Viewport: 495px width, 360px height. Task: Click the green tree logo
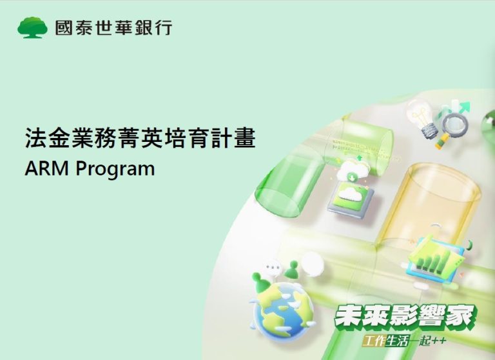click(32, 28)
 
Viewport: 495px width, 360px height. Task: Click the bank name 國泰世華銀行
click(113, 28)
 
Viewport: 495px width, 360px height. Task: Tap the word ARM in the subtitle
click(46, 168)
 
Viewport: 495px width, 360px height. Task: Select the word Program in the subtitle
click(115, 170)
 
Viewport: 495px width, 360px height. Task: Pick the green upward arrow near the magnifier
click(463, 108)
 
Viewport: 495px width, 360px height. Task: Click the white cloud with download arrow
click(353, 172)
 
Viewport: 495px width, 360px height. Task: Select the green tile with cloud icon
click(351, 199)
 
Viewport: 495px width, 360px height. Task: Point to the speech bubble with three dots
click(273, 267)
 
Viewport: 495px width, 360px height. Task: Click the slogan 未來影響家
click(405, 317)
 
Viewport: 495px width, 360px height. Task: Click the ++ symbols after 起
click(440, 341)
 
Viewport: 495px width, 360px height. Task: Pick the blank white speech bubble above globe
click(313, 265)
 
